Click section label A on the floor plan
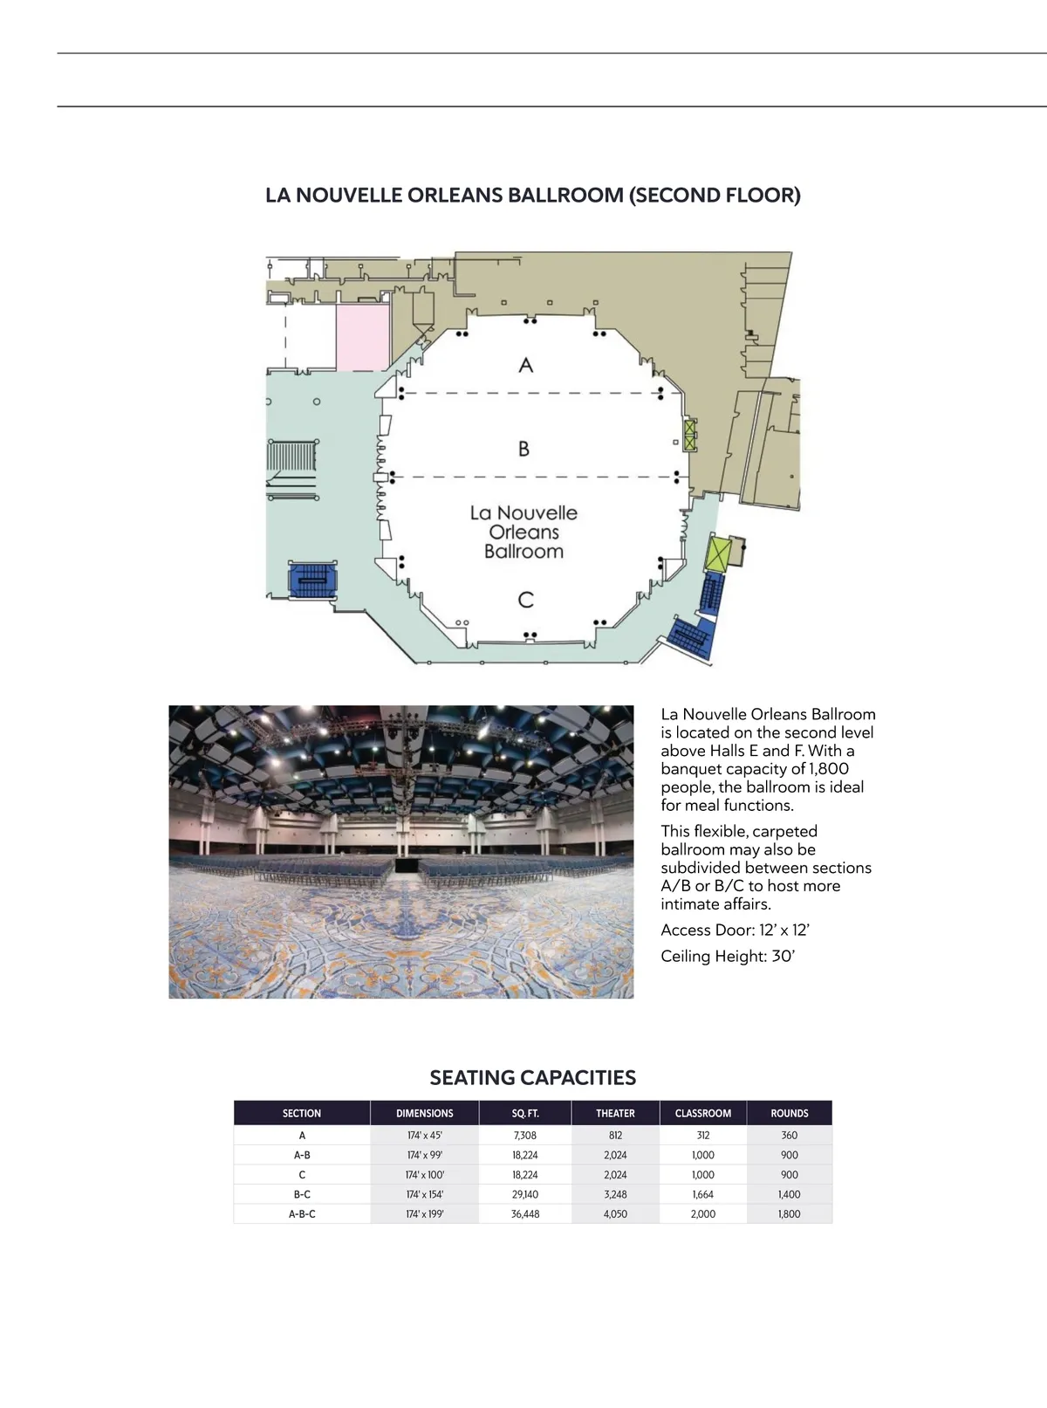tap(525, 365)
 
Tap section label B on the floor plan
tap(523, 449)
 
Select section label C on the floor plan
tap(525, 600)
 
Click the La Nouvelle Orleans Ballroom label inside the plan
tap(523, 532)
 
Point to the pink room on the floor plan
tap(363, 338)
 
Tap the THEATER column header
tap(615, 1113)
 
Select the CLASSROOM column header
tap(703, 1113)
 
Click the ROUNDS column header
tap(790, 1113)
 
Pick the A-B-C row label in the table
tap(302, 1214)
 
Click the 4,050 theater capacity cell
tap(615, 1214)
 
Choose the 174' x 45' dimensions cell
tap(425, 1136)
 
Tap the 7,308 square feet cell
tap(525, 1136)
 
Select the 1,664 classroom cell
tap(703, 1194)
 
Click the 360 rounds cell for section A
tap(790, 1136)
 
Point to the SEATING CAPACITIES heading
tap(533, 1077)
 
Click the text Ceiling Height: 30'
tap(728, 956)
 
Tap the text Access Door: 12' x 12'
tap(736, 930)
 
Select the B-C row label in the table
tap(302, 1194)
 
